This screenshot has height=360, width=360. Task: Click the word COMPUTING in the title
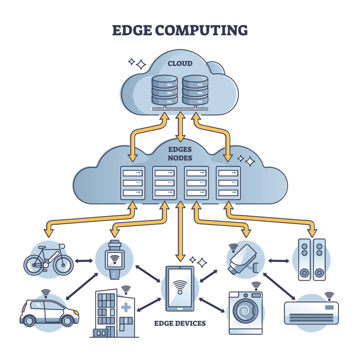(201, 31)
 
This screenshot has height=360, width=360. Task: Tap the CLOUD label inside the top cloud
(180, 64)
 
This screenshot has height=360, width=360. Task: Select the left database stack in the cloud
(165, 90)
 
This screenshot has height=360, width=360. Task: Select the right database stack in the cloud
(195, 90)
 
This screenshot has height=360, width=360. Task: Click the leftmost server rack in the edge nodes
(133, 183)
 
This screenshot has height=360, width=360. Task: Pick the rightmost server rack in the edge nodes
(228, 183)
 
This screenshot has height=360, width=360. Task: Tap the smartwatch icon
(114, 259)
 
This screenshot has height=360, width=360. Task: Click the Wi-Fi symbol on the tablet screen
(180, 286)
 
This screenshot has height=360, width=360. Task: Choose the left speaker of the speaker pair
(304, 259)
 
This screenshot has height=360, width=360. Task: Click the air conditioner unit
(311, 313)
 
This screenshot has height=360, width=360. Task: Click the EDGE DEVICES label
(180, 323)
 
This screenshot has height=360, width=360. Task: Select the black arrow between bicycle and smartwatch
(84, 261)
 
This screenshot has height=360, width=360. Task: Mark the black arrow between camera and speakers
(279, 261)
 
